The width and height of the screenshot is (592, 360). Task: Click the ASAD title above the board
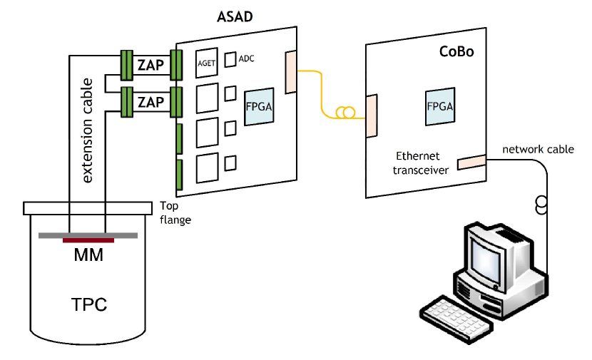click(235, 16)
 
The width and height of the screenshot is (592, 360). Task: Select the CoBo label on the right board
click(456, 52)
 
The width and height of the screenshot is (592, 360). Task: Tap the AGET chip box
click(207, 63)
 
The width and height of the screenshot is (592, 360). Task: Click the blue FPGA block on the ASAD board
click(259, 107)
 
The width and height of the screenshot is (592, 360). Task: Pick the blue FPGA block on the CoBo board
click(440, 106)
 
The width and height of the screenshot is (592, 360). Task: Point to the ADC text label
click(247, 58)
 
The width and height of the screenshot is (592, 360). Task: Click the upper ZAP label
click(150, 65)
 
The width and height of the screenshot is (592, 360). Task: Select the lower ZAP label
click(150, 102)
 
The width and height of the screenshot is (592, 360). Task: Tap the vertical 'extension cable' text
click(87, 130)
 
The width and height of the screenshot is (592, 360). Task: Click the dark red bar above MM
click(88, 240)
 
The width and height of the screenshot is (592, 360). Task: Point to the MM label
click(88, 255)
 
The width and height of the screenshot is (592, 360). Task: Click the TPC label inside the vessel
click(89, 304)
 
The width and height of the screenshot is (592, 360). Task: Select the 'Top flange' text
click(175, 213)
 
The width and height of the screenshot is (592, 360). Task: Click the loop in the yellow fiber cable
click(345, 113)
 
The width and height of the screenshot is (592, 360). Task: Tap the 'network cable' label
click(538, 150)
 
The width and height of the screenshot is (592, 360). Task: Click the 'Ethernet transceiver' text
click(420, 163)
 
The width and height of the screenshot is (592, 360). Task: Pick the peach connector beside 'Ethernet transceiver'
click(471, 163)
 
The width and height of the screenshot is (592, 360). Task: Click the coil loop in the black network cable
click(541, 205)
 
